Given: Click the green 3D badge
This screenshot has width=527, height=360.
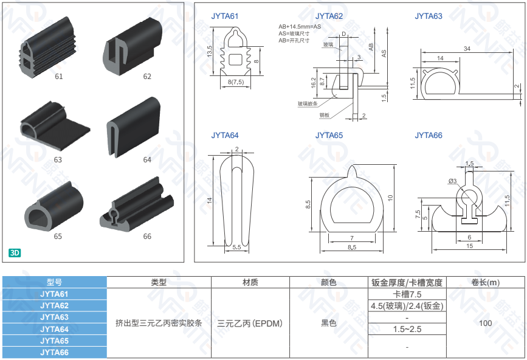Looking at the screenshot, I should [15, 252].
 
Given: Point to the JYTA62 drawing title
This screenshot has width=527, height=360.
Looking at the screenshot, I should [329, 16].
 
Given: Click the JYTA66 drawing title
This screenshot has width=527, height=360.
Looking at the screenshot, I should [429, 136].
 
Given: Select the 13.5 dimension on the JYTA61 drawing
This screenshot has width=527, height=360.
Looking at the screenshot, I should [210, 52].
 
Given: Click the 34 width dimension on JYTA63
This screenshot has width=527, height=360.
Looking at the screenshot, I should [467, 49].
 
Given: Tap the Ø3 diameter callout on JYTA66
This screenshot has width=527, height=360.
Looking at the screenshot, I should [453, 181].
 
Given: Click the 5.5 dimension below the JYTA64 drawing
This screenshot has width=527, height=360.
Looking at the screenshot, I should [236, 247].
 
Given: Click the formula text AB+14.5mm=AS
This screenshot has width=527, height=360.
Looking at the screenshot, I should [300, 27].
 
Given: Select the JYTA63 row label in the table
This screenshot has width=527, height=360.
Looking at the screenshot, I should [54, 317].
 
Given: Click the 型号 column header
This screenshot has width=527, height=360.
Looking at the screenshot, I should [54, 282].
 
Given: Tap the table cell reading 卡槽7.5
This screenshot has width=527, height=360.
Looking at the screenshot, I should [407, 294].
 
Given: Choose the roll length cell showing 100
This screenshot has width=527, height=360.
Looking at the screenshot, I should [485, 323].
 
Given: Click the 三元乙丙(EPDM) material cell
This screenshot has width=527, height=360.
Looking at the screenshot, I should [250, 324].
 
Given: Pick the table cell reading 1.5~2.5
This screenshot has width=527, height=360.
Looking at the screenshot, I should [407, 329].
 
